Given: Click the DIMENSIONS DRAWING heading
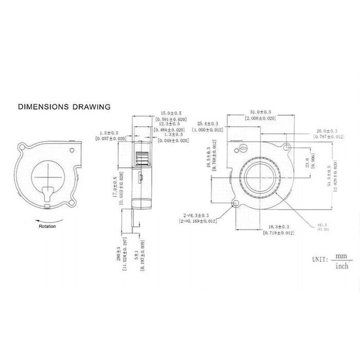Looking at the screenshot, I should click(x=64, y=107).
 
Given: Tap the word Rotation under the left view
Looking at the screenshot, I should click(x=47, y=226).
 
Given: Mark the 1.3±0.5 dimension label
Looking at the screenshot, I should click(x=173, y=135).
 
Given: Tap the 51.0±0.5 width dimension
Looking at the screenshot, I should click(x=260, y=112).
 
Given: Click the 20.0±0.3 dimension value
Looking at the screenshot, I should click(x=327, y=131).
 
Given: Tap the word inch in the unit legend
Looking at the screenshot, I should click(x=342, y=266).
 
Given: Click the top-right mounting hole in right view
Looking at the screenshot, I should click(x=287, y=147).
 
